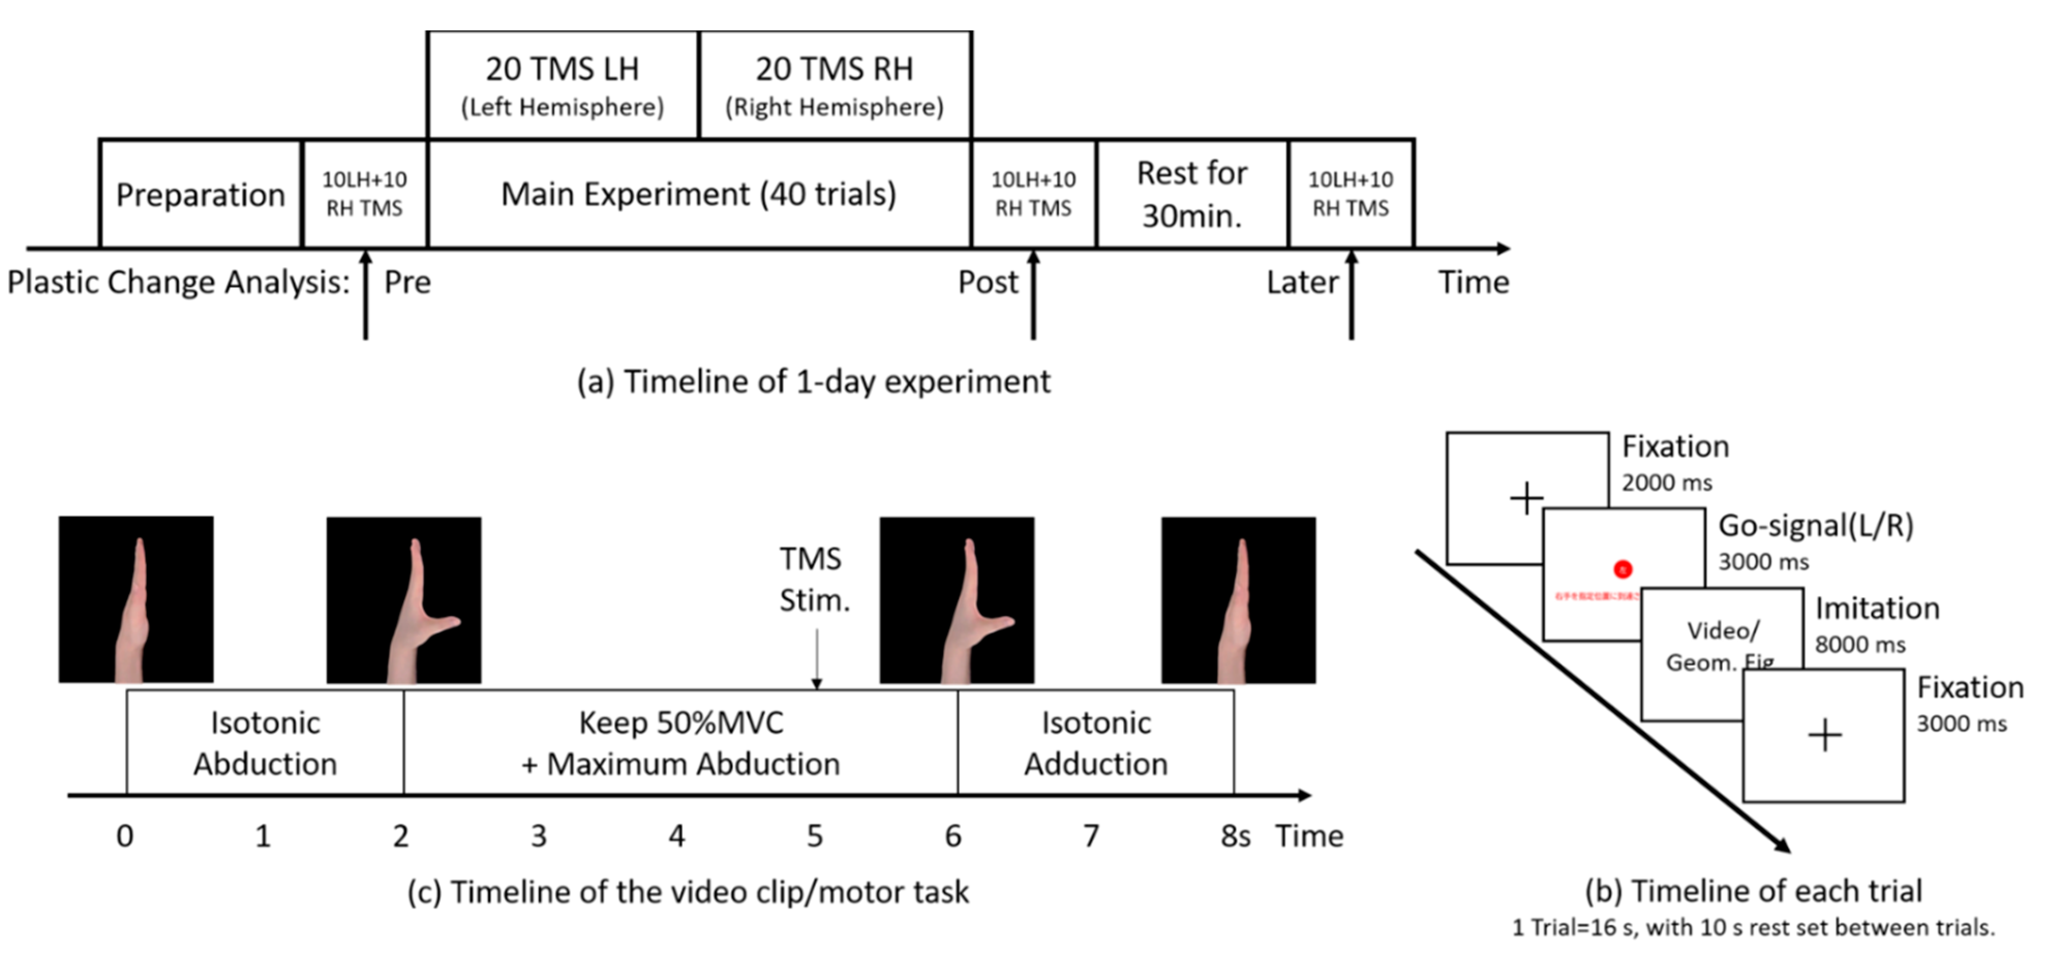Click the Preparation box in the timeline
(201, 194)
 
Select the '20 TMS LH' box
(563, 85)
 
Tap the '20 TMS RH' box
(834, 85)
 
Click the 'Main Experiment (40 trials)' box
(699, 194)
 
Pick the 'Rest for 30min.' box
(1192, 194)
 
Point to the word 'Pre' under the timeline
(407, 282)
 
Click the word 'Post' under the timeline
(987, 282)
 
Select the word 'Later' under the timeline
(1302, 282)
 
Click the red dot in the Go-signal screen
(1622, 569)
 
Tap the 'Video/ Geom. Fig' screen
(1721, 646)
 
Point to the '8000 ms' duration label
(1860, 645)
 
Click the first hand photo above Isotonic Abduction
(136, 599)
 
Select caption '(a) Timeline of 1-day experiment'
(813, 382)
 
